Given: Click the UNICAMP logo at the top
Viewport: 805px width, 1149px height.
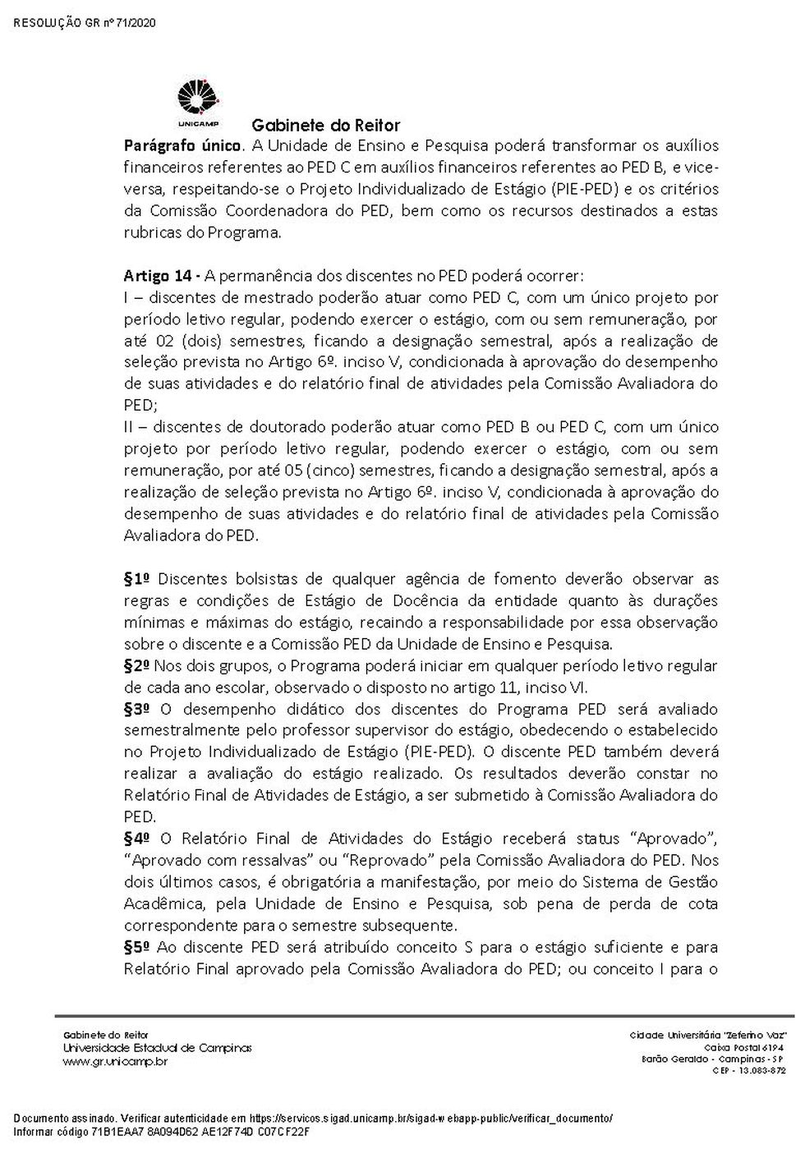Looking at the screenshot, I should click(x=197, y=102).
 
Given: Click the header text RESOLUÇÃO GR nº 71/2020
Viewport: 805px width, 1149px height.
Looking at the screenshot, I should click(x=85, y=23).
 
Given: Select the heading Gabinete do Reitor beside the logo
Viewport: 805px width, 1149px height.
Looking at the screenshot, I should click(x=325, y=126).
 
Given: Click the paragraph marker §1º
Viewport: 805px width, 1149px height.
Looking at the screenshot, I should click(x=138, y=579).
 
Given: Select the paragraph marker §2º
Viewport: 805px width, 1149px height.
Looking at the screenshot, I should click(x=138, y=666).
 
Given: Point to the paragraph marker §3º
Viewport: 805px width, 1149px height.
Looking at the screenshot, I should click(x=138, y=709).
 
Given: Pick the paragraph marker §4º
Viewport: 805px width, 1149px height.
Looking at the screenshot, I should click(x=138, y=839).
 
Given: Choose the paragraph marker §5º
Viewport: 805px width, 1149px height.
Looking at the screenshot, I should click(x=138, y=947).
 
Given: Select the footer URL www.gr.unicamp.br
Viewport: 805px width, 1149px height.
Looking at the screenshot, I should click(x=116, y=1062).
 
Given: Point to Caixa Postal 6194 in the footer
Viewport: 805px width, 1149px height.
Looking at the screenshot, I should click(x=744, y=1048).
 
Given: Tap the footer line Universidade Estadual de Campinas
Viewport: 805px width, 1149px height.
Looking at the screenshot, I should click(x=157, y=1048).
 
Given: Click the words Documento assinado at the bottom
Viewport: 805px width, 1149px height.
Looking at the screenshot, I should click(x=64, y=1119).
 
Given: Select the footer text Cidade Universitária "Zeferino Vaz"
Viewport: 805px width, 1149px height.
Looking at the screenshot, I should click(x=708, y=1035).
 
